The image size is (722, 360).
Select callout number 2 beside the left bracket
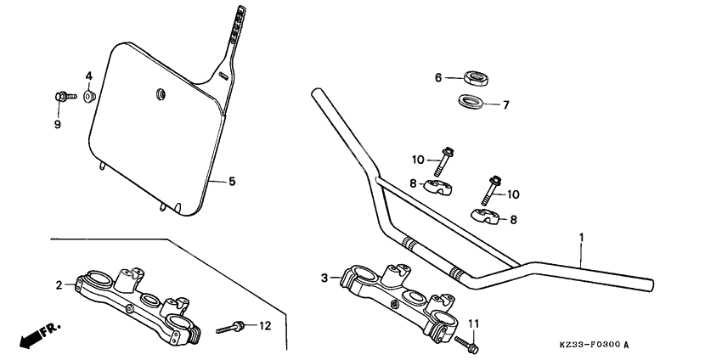click(x=59, y=285)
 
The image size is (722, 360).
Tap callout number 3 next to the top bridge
click(x=324, y=278)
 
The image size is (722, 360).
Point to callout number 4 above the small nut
click(x=87, y=77)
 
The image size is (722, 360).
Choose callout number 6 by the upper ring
click(x=438, y=77)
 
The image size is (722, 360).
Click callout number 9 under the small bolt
click(x=58, y=124)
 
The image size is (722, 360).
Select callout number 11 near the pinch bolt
click(x=474, y=323)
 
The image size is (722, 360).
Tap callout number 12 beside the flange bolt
click(x=264, y=326)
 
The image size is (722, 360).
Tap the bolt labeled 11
click(x=465, y=345)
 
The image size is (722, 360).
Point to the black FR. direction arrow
click(x=34, y=335)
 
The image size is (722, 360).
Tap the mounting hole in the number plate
click(x=159, y=93)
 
